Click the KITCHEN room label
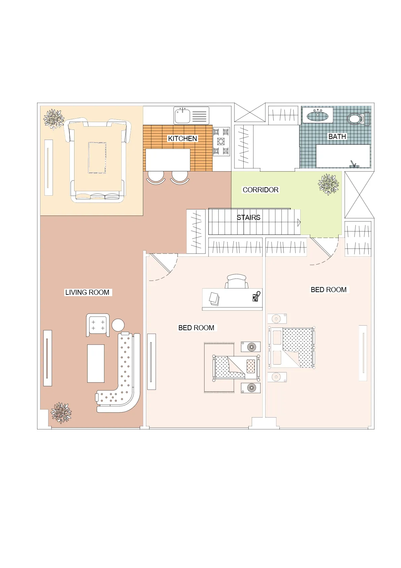click(182, 138)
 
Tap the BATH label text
click(337, 136)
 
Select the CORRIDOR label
click(260, 190)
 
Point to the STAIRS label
click(248, 217)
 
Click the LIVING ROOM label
click(87, 292)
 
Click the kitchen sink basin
click(182, 116)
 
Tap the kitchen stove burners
click(221, 141)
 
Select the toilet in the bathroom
click(359, 118)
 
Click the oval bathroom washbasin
click(317, 116)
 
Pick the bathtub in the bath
click(343, 156)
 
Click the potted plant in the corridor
click(328, 184)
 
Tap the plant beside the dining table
click(54, 119)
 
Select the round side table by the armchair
click(118, 325)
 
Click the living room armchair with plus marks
click(98, 325)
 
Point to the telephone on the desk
click(256, 296)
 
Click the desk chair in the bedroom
click(236, 281)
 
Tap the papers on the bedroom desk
click(214, 299)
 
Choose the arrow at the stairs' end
click(299, 223)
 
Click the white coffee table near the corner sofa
click(96, 363)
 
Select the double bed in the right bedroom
click(291, 347)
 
